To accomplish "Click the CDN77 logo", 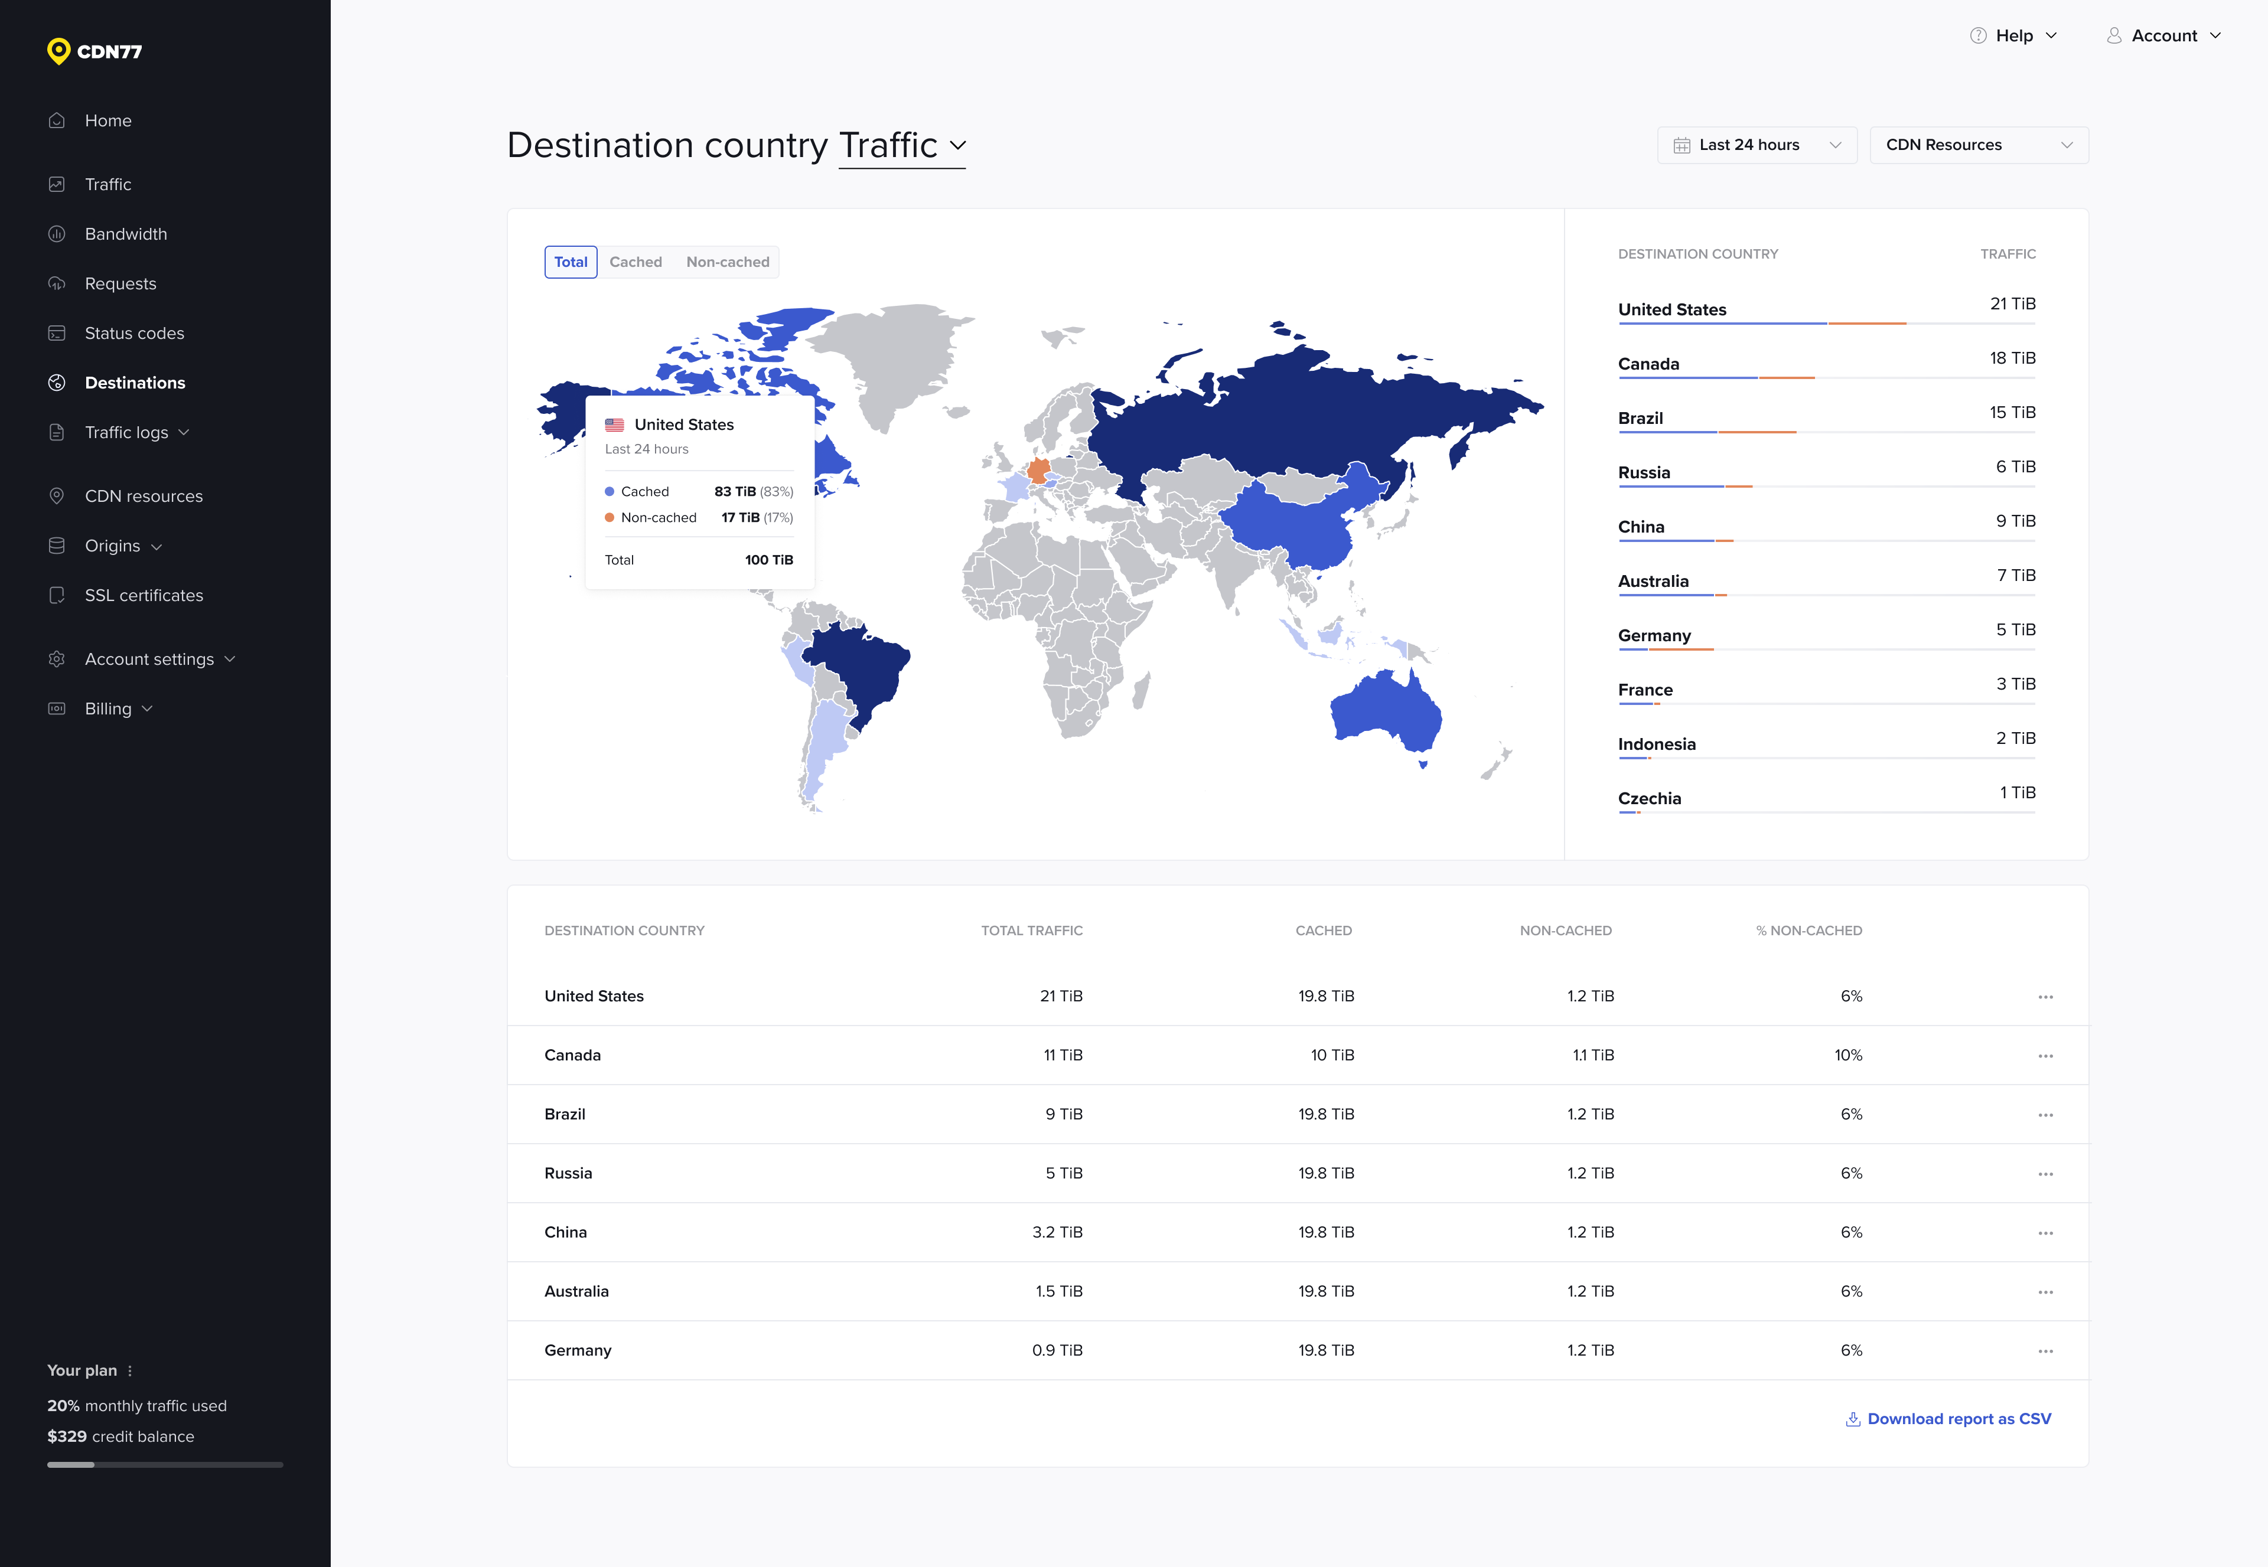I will coord(94,51).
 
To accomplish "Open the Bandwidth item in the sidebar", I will coord(126,234).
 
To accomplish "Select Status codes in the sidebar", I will coord(133,333).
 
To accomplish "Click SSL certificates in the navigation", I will coord(144,595).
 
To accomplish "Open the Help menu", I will coord(2013,35).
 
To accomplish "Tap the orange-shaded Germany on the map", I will coord(1038,471).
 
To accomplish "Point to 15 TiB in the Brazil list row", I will coord(2012,412).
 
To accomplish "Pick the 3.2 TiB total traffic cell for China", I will coord(1057,1232).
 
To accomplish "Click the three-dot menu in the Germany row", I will coord(2045,1351).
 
